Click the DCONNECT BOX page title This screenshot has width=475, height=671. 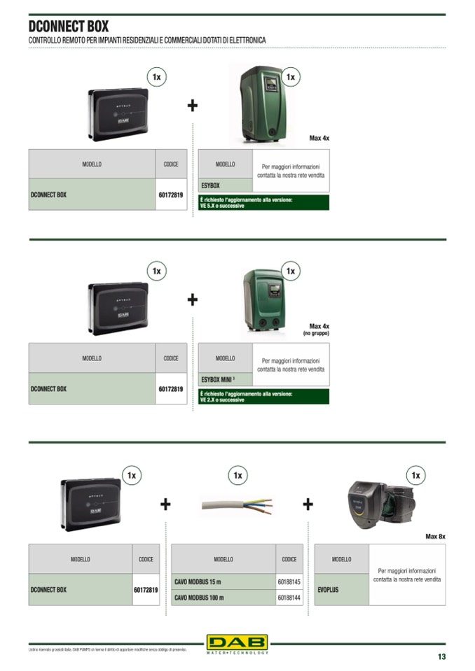[69, 27]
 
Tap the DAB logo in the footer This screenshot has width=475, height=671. [237, 642]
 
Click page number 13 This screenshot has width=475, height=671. [441, 656]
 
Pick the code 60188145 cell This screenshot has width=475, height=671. [289, 581]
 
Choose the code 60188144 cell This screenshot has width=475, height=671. [289, 598]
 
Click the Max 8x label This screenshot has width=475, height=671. [435, 537]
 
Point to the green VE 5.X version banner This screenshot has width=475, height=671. [263, 203]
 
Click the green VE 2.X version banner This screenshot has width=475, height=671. [263, 397]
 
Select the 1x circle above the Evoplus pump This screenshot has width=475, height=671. [415, 476]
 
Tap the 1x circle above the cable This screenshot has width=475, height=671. [238, 476]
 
